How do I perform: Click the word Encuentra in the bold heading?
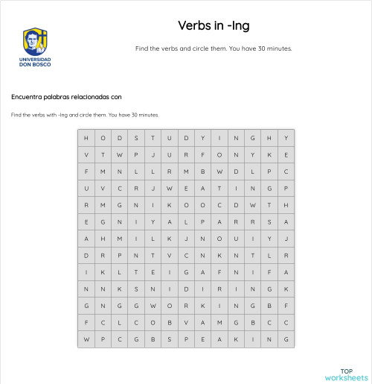(28, 97)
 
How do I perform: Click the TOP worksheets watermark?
(345, 374)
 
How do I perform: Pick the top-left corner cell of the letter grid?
(86, 138)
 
